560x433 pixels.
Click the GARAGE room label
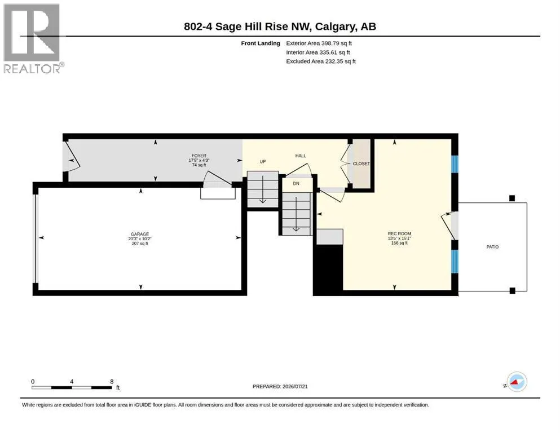[x=140, y=234]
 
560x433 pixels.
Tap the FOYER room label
[x=199, y=156]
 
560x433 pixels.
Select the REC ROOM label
[x=399, y=233]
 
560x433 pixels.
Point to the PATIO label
[x=492, y=247]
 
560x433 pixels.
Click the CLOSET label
[x=361, y=164]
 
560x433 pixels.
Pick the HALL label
[x=301, y=156]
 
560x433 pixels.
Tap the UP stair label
[x=263, y=161]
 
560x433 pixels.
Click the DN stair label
[x=296, y=183]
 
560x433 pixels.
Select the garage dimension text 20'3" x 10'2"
[x=140, y=239]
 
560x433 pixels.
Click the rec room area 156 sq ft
[x=399, y=243]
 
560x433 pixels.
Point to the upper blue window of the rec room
[x=455, y=164]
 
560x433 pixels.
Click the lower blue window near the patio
[x=455, y=262]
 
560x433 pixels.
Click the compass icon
[x=517, y=382]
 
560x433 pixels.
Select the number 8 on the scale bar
[x=112, y=381]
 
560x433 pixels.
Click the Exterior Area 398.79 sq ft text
[x=319, y=43]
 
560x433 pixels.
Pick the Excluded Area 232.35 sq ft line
[x=321, y=61]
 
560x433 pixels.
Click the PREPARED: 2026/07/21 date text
[x=280, y=386]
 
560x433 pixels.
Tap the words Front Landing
[x=261, y=43]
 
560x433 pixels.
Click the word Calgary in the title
[x=336, y=26]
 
